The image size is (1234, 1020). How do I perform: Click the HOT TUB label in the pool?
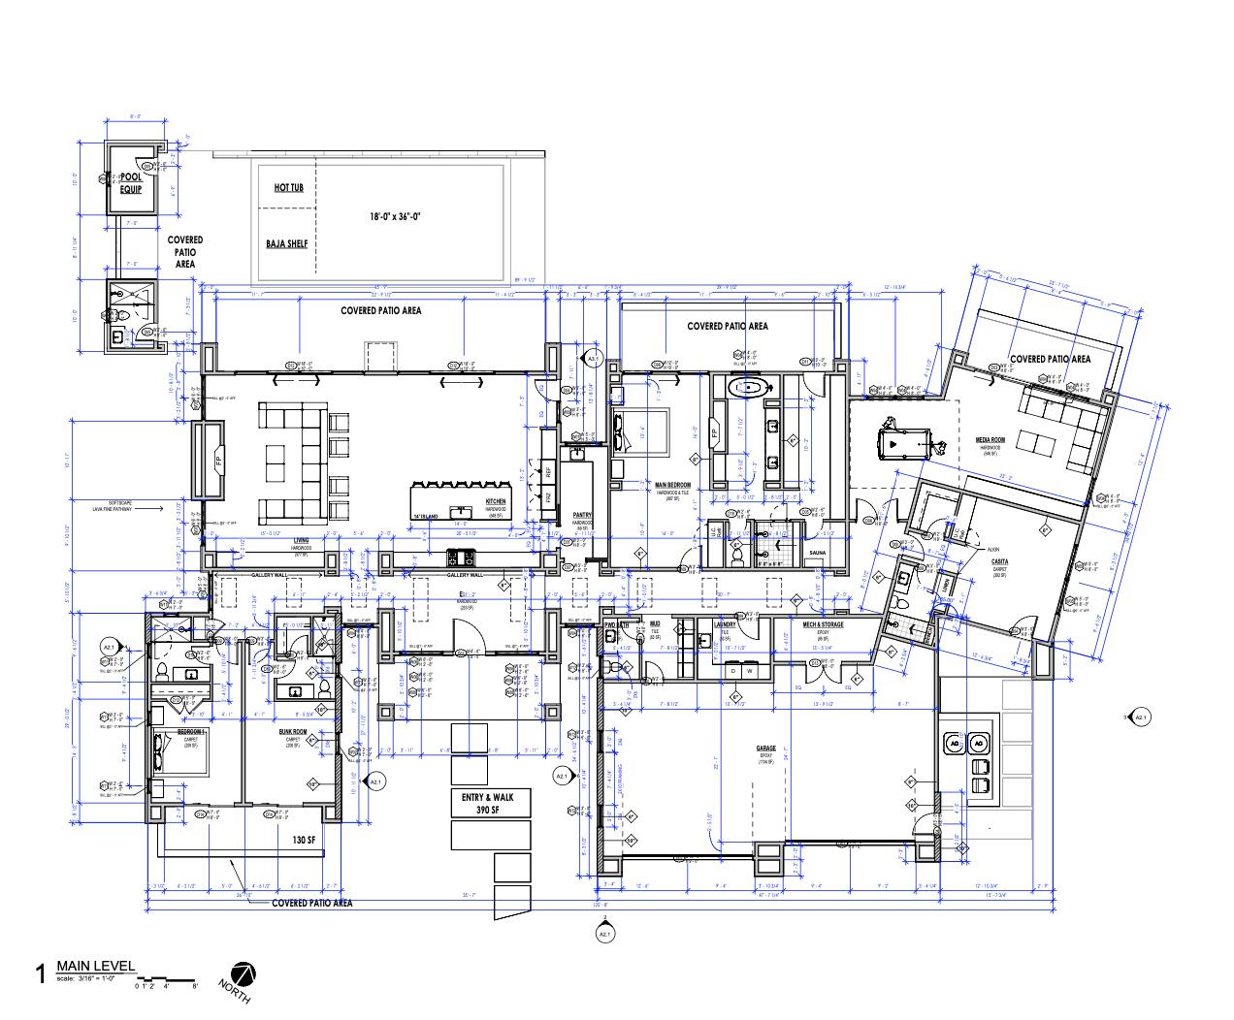pyautogui.click(x=288, y=187)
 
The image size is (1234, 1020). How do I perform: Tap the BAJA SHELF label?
pyautogui.click(x=287, y=243)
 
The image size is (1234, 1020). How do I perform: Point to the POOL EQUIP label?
pyautogui.click(x=131, y=183)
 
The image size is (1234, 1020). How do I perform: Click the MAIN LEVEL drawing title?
pyautogui.click(x=95, y=966)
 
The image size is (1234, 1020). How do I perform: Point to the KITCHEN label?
pyautogui.click(x=495, y=502)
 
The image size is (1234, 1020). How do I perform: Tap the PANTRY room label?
pyautogui.click(x=582, y=515)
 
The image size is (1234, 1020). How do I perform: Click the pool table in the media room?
pyautogui.click(x=897, y=440)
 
